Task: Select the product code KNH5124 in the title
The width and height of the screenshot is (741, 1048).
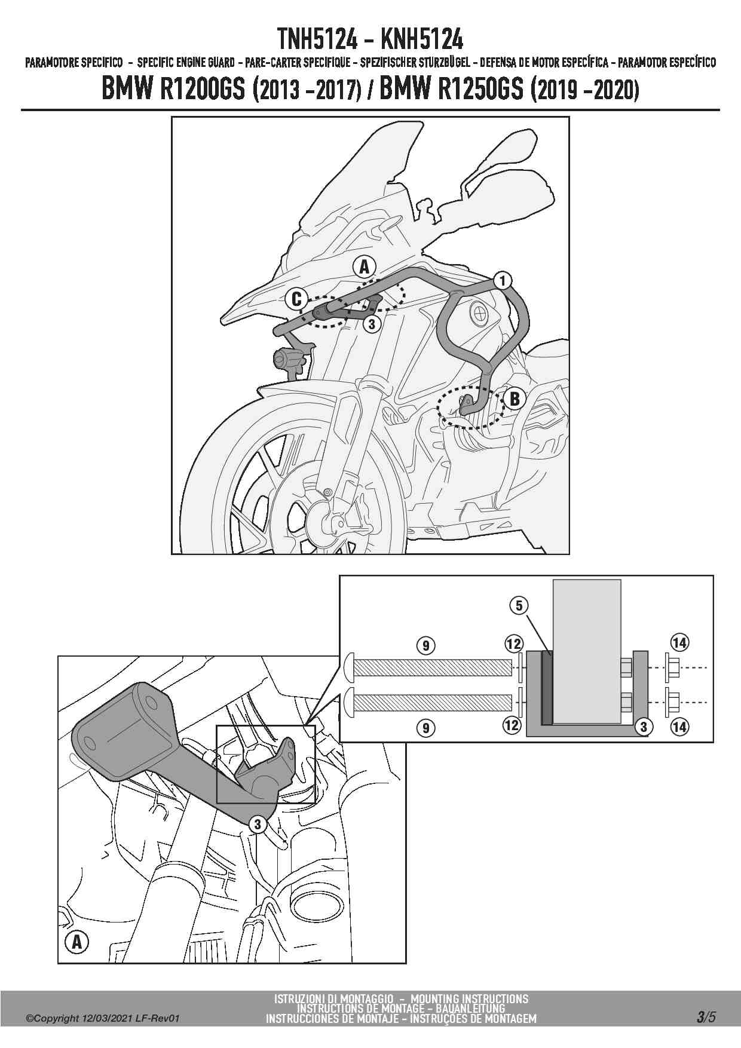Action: coord(422,39)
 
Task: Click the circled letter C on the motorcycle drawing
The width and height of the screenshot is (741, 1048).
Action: coord(297,299)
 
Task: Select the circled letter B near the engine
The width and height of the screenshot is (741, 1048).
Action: coord(515,398)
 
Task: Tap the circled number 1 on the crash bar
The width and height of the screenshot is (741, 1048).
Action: coord(503,280)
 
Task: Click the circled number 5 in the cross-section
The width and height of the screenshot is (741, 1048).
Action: coord(519,606)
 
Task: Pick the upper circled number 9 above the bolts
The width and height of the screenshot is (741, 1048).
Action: coord(425,645)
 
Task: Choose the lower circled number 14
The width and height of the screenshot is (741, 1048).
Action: coord(679,727)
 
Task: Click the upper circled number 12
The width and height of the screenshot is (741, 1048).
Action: coord(513,643)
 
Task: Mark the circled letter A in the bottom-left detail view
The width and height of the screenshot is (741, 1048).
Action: coord(76,943)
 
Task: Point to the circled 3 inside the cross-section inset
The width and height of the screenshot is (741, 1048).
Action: coord(644,727)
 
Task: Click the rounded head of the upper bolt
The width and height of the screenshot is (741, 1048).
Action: coord(349,667)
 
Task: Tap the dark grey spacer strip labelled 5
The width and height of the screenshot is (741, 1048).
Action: coord(546,687)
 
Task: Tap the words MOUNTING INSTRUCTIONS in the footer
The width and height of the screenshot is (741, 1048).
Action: coord(470,998)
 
